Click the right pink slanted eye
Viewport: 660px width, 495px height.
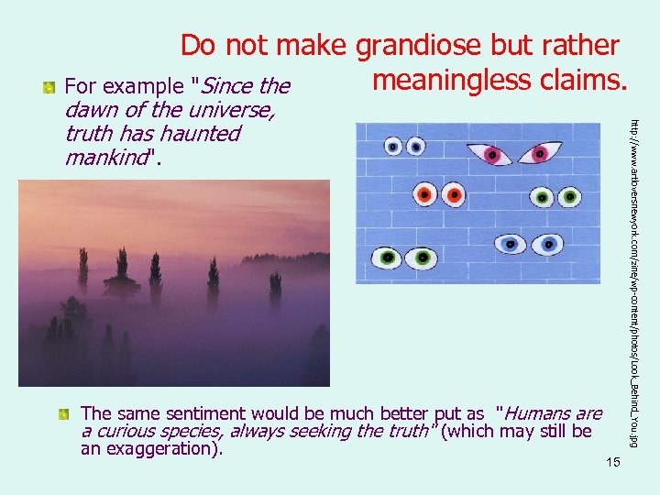(547, 152)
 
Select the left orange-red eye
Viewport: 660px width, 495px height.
(424, 195)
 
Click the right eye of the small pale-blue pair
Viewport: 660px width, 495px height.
(416, 146)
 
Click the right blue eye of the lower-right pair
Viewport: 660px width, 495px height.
(551, 244)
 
